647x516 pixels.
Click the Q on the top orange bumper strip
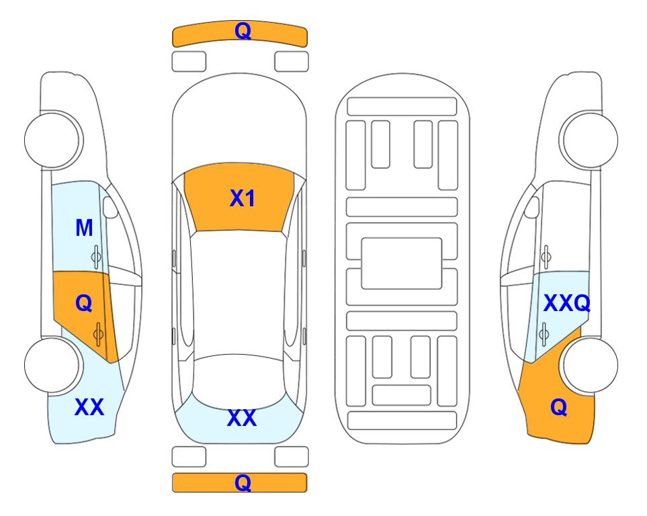pos(243,32)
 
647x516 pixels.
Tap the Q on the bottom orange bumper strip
pos(243,482)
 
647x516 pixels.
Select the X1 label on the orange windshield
pos(243,198)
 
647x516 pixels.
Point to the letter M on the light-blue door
pos(84,228)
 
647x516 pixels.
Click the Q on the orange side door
pos(84,304)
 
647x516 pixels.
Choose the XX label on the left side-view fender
pos(89,407)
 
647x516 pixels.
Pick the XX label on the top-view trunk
pos(242,418)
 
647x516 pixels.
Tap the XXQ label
pos(566,304)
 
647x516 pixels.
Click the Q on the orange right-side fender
pos(559,407)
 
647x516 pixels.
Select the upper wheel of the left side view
pos(52,140)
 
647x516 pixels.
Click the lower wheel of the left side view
pos(52,365)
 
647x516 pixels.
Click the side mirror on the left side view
pos(110,207)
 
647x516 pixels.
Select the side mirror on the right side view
pos(532,207)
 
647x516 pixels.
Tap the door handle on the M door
pos(96,257)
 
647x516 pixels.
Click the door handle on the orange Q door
pos(98,334)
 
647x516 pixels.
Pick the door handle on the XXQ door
pos(544,334)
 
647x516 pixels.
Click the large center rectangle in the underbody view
pos(402,263)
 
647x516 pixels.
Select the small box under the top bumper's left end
pos(189,62)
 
